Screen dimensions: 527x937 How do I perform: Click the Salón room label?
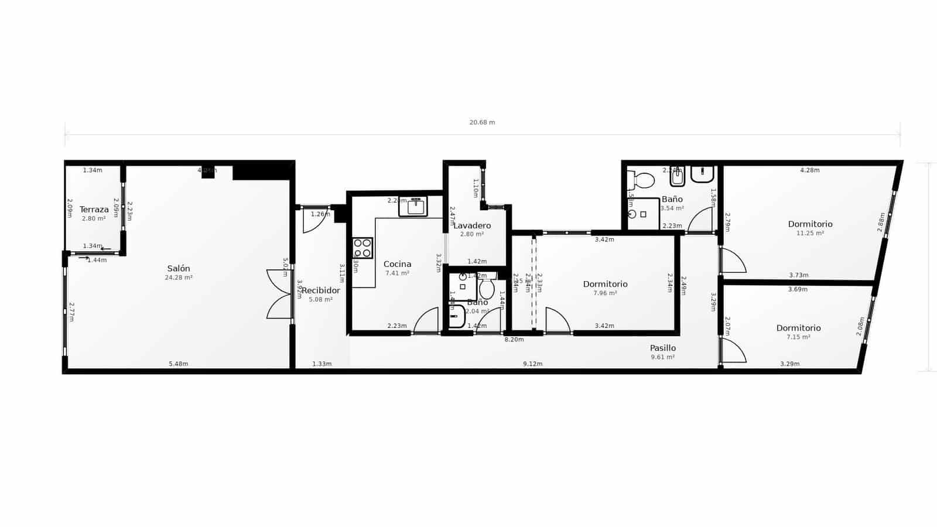tap(179, 269)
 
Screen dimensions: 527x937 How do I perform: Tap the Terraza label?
tap(94, 210)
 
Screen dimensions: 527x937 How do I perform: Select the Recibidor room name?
tap(320, 290)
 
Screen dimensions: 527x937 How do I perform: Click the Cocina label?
tap(397, 264)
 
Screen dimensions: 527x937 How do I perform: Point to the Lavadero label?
tap(472, 225)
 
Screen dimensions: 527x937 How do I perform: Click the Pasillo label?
tap(663, 348)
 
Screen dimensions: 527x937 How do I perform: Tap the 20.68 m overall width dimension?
tap(482, 122)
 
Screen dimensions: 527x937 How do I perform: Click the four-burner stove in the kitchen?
tap(363, 248)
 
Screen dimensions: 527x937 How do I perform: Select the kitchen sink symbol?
tap(416, 206)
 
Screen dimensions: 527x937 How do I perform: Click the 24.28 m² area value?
tap(179, 278)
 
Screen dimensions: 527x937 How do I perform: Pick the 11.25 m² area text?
tap(810, 233)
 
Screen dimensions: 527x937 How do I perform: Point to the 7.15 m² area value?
tap(798, 337)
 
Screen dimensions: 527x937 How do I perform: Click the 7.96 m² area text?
tap(605, 293)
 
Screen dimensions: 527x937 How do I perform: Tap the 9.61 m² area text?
tap(662, 357)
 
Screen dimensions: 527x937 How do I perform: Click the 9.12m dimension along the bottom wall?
tap(532, 364)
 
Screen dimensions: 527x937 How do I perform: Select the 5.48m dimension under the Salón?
tap(179, 364)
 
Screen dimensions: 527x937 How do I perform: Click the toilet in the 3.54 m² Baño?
tap(642, 180)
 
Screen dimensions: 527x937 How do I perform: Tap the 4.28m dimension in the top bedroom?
tap(810, 170)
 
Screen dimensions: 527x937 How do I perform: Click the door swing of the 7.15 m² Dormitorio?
tap(734, 351)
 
